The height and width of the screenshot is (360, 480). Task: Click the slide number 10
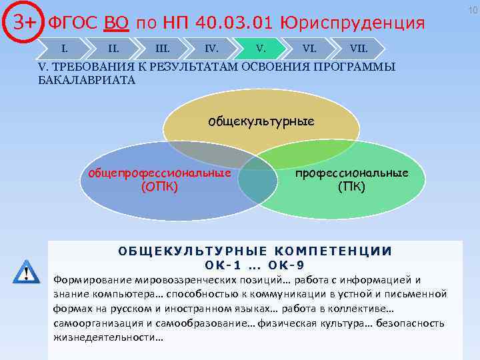tap(472, 9)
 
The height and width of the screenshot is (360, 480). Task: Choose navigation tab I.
tap(64, 48)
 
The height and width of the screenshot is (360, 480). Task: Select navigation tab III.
tap(162, 48)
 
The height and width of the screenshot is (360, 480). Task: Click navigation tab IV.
tap(211, 48)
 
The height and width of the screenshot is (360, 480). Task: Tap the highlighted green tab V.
tap(261, 48)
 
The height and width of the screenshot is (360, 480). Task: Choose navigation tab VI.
tap(309, 48)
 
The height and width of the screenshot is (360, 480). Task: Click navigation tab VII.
tap(358, 48)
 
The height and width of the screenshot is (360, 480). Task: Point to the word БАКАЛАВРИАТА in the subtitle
tap(87, 80)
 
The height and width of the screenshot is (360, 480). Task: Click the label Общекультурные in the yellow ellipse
tap(261, 121)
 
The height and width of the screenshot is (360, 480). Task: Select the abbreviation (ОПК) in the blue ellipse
tap(159, 186)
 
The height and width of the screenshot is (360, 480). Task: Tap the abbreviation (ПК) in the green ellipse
tap(351, 186)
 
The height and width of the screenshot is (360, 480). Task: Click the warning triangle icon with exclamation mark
tap(26, 273)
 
